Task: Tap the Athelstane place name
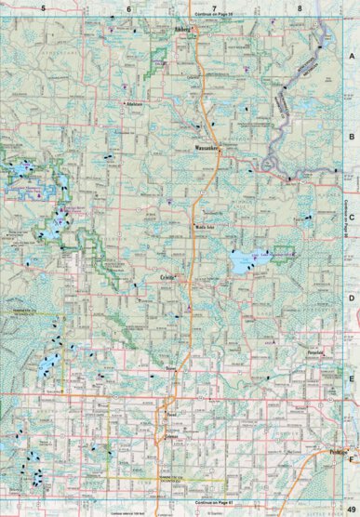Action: pyautogui.click(x=140, y=104)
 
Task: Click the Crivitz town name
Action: pyautogui.click(x=168, y=277)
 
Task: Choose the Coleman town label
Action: pyautogui.click(x=169, y=435)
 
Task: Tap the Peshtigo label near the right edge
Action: pyautogui.click(x=339, y=447)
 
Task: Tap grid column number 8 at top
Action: pyautogui.click(x=300, y=7)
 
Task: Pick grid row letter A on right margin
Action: pyautogui.click(x=352, y=57)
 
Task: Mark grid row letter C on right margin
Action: pyautogui.click(x=352, y=217)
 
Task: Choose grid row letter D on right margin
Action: pyautogui.click(x=352, y=298)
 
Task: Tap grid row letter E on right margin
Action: pyautogui.click(x=352, y=378)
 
